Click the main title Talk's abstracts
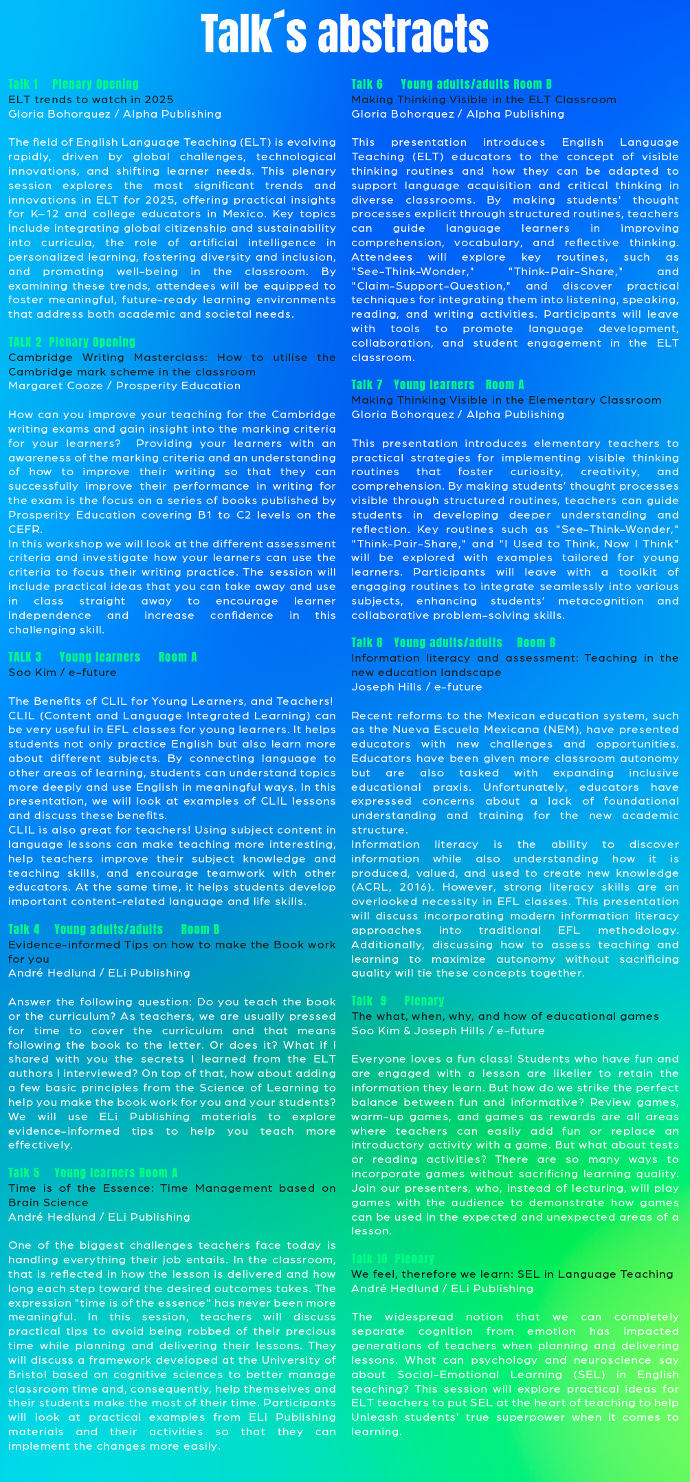coord(344,33)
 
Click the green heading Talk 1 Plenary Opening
coord(74,85)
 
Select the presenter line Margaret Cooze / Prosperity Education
coord(124,386)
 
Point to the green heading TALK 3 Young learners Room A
coord(102,657)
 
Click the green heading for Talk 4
coord(113,930)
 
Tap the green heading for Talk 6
coord(452,85)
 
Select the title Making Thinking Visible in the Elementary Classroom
coord(506,400)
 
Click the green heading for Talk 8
coord(453,643)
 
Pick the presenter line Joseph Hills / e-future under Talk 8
coord(416,687)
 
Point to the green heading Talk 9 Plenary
coord(397,1001)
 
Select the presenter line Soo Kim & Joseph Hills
coord(447,1031)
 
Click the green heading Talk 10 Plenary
coord(392,1258)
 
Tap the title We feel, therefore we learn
coord(512,1274)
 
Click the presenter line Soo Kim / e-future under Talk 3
coord(63,673)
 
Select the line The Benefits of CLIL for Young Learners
coord(170,701)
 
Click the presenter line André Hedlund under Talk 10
coord(442,1289)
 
